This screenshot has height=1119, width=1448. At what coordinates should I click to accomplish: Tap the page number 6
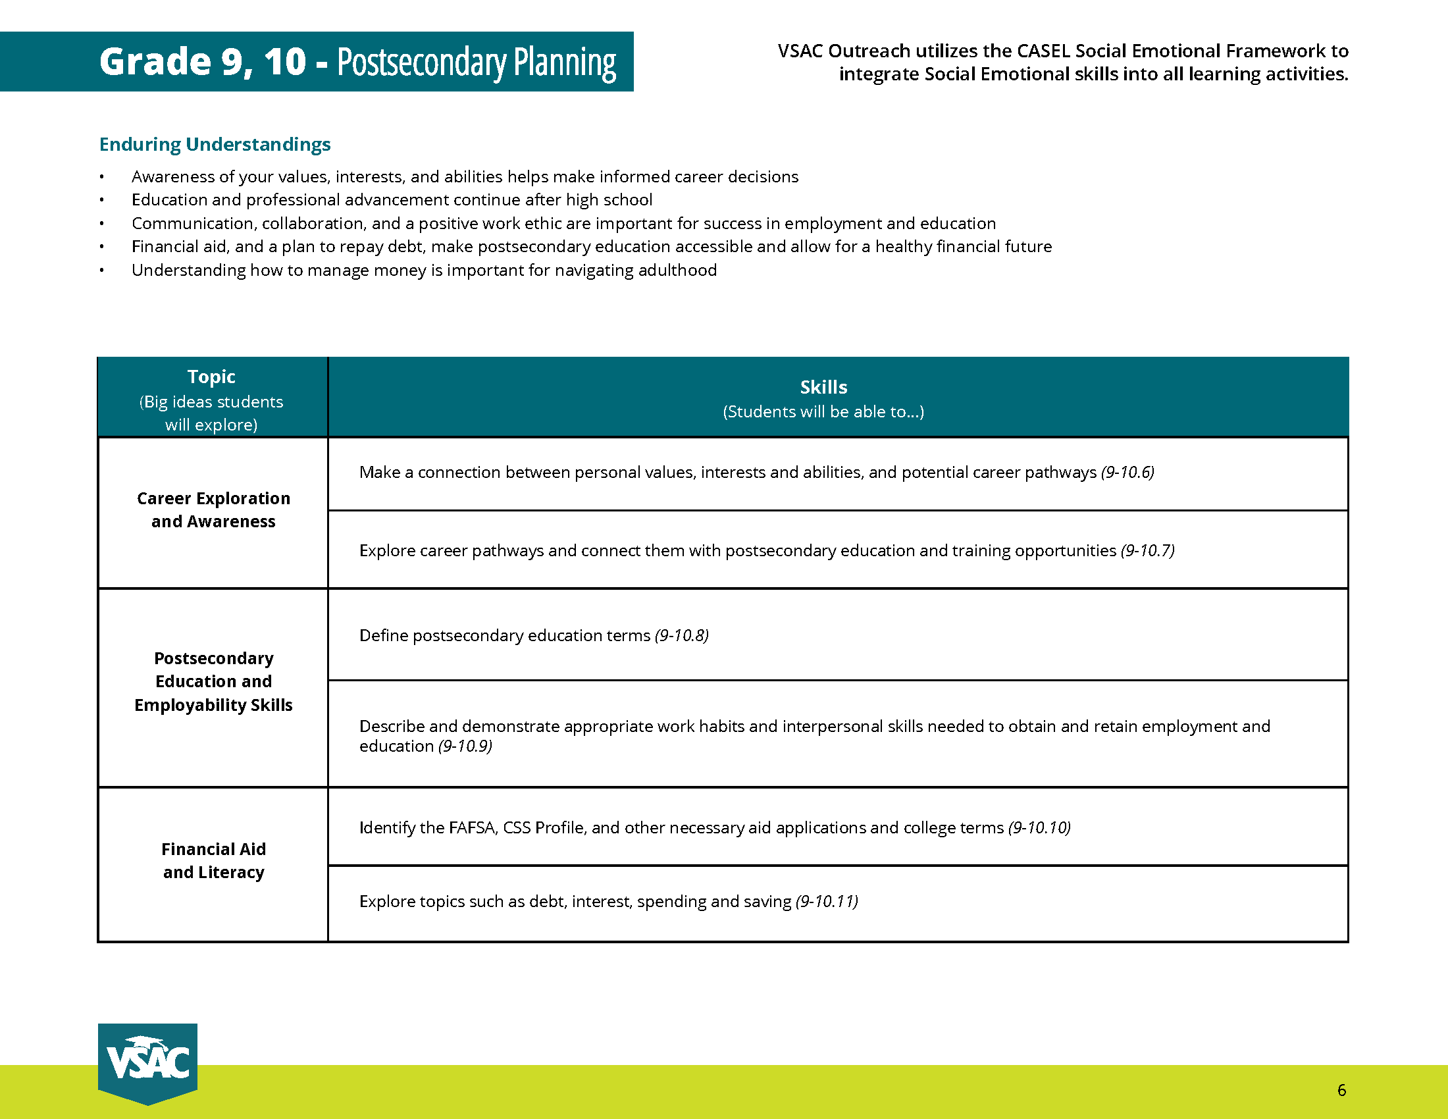tap(1342, 1091)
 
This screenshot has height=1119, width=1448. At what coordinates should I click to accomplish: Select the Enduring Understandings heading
tap(215, 145)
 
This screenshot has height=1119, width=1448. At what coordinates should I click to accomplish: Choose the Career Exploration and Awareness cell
tap(213, 509)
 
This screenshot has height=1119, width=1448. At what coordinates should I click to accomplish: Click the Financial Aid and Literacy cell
tap(213, 860)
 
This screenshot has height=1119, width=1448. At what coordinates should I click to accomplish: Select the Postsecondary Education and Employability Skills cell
tap(213, 681)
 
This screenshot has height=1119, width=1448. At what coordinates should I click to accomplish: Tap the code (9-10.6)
tap(1127, 472)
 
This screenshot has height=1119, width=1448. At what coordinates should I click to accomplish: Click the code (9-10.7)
tap(1148, 550)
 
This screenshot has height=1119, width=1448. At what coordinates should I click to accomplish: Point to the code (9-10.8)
tap(682, 635)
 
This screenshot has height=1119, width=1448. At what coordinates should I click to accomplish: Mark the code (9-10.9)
tap(465, 746)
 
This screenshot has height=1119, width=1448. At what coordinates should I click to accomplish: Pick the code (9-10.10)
tap(1039, 827)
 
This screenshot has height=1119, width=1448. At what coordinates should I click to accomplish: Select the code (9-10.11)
tap(827, 901)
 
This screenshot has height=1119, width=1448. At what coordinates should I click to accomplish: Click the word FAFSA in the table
tap(473, 827)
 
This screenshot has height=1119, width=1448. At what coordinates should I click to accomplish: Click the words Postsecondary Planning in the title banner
tap(477, 63)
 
